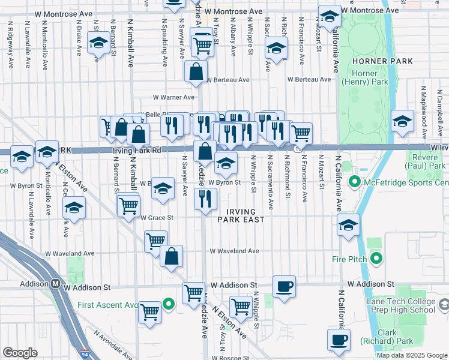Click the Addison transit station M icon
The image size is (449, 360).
point(55,284)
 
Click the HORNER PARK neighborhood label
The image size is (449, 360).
point(383,61)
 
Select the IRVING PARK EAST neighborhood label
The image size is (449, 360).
point(246,215)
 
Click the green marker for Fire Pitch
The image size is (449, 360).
point(376,259)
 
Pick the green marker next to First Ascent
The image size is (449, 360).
point(169,304)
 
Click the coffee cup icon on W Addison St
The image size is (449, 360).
point(284,286)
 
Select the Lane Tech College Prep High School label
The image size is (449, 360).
point(400,305)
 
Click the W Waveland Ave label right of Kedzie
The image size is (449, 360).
point(235,251)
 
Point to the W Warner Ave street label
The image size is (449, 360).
point(173,97)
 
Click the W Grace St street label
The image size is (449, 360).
point(157,218)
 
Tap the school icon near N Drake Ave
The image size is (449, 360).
point(98,43)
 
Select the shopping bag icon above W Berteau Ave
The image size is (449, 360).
point(196,71)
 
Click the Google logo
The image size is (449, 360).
point(20,353)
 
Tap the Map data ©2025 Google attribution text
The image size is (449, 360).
point(412,355)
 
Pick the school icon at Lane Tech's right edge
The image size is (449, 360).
point(443,305)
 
